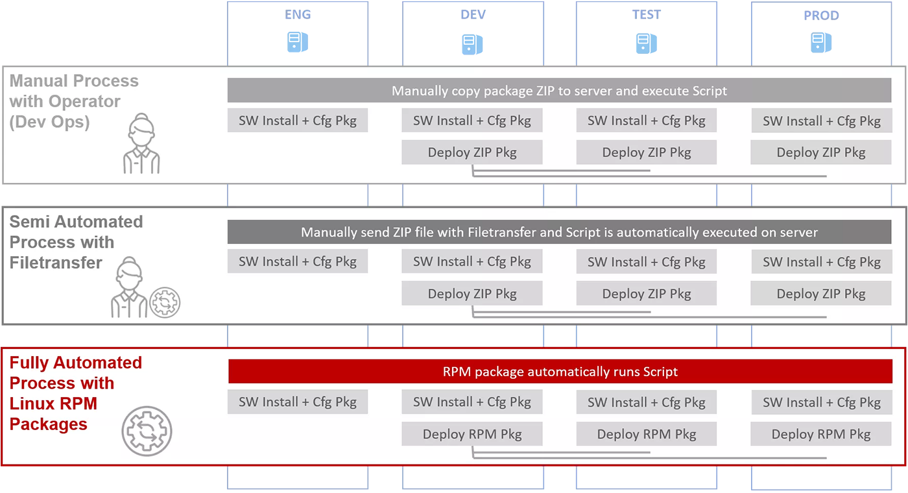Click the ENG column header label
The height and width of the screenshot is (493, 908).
coord(298,14)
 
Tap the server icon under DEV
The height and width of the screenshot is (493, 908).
coord(472,44)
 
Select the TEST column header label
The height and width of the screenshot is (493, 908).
coord(646,14)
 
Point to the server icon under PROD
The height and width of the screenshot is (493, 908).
coord(821,43)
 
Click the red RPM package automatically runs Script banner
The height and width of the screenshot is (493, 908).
coord(560,371)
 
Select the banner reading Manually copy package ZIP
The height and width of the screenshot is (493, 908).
coord(559,90)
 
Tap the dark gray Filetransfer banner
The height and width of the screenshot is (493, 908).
coord(559,232)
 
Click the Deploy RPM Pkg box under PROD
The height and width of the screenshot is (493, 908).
coord(821,434)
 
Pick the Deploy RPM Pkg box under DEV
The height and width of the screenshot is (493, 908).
coord(472,434)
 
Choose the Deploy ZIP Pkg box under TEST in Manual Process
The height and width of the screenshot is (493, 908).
coord(646,152)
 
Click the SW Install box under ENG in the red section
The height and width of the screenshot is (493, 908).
coord(298,402)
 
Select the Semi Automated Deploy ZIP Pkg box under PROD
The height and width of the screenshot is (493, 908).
coord(821,293)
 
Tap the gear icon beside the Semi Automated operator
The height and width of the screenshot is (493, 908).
coord(165,302)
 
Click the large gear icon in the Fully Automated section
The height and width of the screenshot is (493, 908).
coord(147,431)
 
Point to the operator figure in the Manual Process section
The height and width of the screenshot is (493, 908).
coord(141,143)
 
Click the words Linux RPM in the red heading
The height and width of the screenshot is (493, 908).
coord(53,403)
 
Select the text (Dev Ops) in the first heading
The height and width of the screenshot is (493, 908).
coord(49,122)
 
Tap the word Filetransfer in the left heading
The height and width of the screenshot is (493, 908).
coord(56,263)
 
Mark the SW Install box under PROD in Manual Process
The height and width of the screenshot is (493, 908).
coord(822,121)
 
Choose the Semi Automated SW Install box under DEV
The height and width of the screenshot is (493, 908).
coord(472,261)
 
